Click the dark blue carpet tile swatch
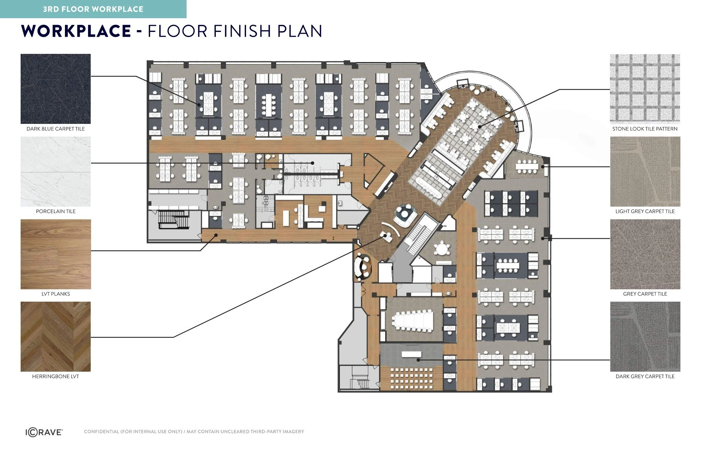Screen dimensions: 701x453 point(56,89)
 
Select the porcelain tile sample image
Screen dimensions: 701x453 point(56,172)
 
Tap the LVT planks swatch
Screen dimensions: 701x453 point(56,254)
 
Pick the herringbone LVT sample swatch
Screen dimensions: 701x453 point(56,337)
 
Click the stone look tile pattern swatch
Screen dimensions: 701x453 point(645,89)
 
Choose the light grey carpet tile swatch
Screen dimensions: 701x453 point(645,172)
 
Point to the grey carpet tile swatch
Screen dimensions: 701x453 point(645,254)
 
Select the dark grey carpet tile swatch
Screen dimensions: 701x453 point(645,337)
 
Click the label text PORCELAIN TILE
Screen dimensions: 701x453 point(56,211)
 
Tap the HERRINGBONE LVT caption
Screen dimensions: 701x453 point(56,376)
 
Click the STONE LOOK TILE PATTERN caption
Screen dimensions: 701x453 point(645,129)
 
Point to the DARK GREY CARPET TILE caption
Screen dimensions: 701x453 point(645,376)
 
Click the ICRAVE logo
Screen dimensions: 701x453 point(44,432)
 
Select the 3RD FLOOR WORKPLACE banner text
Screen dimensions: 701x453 point(93,9)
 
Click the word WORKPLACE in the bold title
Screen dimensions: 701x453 point(76,31)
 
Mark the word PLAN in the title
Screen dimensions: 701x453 point(300,31)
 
